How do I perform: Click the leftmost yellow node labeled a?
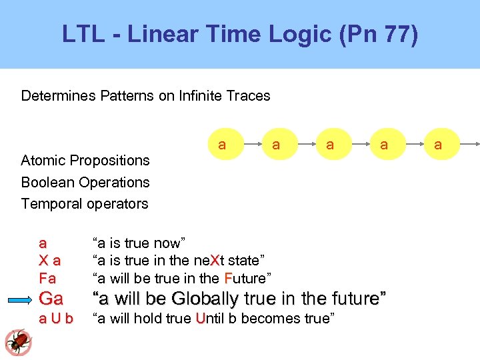(x=222, y=145)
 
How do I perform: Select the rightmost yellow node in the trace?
(x=438, y=145)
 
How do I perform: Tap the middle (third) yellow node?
(x=330, y=145)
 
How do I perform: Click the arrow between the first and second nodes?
(x=249, y=145)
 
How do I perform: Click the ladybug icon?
(x=18, y=342)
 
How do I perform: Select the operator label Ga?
(x=51, y=298)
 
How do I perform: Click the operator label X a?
(x=49, y=261)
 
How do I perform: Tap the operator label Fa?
(x=47, y=278)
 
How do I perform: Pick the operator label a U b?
(x=56, y=319)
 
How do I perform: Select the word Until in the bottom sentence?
(x=211, y=319)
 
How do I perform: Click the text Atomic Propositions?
(x=85, y=161)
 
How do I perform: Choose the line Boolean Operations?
(x=85, y=182)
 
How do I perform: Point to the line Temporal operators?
(x=85, y=203)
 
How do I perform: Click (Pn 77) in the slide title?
(x=378, y=33)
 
